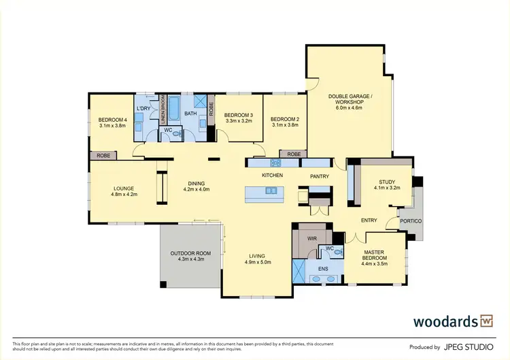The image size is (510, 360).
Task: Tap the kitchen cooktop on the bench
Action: [276, 163]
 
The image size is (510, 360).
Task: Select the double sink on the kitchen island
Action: [271, 191]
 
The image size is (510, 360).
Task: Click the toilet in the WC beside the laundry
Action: [177, 135]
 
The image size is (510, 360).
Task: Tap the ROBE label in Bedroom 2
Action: [293, 154]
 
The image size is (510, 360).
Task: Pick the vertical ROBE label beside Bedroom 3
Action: [211, 110]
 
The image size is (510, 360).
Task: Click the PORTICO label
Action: [410, 222]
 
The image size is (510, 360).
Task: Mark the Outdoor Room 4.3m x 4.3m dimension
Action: [190, 259]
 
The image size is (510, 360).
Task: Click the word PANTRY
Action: [320, 176]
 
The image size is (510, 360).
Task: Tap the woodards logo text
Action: [445, 321]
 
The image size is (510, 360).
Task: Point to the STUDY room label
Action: [387, 181]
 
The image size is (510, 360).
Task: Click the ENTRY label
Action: [369, 220]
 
